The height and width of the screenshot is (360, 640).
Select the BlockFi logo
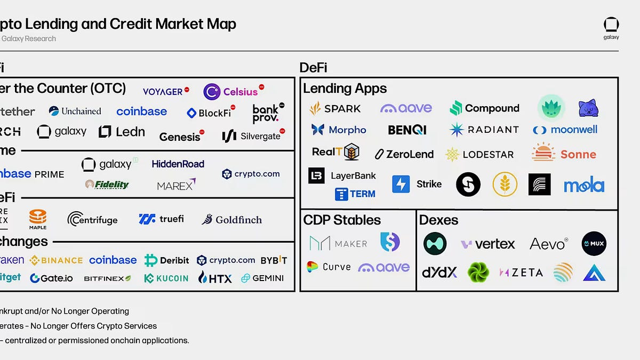click(x=212, y=113)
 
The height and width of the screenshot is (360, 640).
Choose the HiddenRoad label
click(x=178, y=164)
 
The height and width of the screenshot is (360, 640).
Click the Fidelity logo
click(x=107, y=185)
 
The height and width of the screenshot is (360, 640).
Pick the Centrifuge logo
click(x=92, y=219)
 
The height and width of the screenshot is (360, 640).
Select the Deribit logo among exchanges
click(x=166, y=260)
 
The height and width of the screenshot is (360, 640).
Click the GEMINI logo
click(x=262, y=278)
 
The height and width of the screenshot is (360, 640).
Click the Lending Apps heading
click(x=345, y=89)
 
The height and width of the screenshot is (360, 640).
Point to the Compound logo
click(x=484, y=108)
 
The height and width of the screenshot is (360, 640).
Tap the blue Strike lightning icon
click(x=401, y=184)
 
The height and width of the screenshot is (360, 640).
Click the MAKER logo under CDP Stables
click(x=338, y=243)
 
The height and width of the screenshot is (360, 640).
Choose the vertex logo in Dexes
click(x=488, y=244)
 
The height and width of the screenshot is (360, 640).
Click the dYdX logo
click(x=439, y=273)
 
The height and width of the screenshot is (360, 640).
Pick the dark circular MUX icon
click(x=594, y=244)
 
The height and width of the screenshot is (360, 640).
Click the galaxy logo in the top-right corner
click(x=611, y=28)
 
